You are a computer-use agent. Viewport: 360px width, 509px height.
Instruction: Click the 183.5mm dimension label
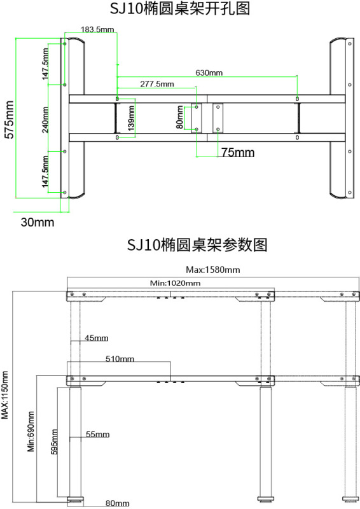[x=97, y=29]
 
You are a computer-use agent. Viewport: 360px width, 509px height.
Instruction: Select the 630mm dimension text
[x=209, y=73]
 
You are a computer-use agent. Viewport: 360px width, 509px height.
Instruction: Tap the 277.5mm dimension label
[x=157, y=84]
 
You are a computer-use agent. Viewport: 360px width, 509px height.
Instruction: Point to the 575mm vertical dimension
[x=10, y=120]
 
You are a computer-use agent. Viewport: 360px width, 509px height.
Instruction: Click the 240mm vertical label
[x=45, y=120]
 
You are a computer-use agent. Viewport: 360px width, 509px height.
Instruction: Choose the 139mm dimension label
[x=131, y=118]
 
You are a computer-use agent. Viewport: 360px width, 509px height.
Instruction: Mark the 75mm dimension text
[x=238, y=153]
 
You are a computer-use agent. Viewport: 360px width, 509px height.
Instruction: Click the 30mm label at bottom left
[x=38, y=222]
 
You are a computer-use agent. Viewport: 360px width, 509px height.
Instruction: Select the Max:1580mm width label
[x=213, y=270]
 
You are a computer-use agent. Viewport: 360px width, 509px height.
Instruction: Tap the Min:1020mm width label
[x=176, y=283]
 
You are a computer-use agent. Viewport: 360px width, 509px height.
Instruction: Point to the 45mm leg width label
[x=97, y=338]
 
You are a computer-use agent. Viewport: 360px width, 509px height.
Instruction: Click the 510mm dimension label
[x=120, y=359]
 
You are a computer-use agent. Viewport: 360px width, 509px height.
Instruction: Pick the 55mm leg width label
[x=98, y=435]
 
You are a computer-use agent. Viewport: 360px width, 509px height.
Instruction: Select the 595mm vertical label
[x=55, y=442]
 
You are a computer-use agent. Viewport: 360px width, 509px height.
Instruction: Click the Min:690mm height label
[x=31, y=431]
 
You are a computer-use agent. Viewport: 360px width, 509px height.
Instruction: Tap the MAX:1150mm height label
[x=5, y=395]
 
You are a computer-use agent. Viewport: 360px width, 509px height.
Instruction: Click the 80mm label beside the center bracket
[x=180, y=118]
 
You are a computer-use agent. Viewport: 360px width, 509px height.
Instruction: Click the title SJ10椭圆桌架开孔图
[x=180, y=8]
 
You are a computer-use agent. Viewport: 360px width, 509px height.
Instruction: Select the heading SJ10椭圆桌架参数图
[x=197, y=244]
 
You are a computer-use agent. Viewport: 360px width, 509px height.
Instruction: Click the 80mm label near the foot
[x=117, y=503]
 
